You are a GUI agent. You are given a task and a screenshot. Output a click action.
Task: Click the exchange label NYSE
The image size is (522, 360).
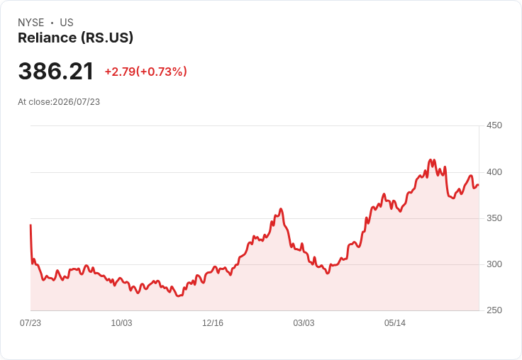[31, 23]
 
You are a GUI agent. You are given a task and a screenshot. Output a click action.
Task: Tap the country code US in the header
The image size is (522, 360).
[67, 23]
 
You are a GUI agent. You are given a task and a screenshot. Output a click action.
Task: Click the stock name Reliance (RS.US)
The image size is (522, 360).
[76, 38]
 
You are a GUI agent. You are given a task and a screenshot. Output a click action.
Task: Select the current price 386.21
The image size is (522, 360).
[55, 72]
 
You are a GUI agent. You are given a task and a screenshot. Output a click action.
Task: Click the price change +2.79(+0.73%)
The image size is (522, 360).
[146, 72]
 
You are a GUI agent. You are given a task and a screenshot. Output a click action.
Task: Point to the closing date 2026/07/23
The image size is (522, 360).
[76, 102]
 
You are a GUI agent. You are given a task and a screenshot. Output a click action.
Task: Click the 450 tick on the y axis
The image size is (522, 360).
[494, 125]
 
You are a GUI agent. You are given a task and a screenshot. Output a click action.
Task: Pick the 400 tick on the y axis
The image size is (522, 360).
[494, 172]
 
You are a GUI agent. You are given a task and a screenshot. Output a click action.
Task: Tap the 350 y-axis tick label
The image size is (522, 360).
[494, 218]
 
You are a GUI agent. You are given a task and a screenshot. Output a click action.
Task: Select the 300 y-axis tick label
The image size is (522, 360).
[494, 264]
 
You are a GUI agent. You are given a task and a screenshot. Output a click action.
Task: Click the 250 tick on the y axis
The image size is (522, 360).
[494, 310]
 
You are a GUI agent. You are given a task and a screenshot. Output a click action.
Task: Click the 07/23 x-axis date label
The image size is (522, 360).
[30, 322]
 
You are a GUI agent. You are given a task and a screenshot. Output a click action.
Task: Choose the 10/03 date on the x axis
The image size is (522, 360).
[121, 322]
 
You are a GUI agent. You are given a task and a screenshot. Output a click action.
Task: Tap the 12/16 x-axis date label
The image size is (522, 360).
[213, 322]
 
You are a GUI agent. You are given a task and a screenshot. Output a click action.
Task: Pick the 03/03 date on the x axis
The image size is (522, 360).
[304, 322]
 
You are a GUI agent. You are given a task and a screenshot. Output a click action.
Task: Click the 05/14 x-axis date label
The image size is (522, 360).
[395, 322]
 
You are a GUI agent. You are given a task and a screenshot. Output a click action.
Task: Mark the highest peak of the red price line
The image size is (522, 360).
[430, 159]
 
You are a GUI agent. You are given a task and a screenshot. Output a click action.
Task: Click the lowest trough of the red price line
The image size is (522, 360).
[179, 296]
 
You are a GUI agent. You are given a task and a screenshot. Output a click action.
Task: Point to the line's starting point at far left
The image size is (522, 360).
[30, 225]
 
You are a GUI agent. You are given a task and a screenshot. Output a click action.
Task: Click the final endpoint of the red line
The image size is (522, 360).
[479, 185]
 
